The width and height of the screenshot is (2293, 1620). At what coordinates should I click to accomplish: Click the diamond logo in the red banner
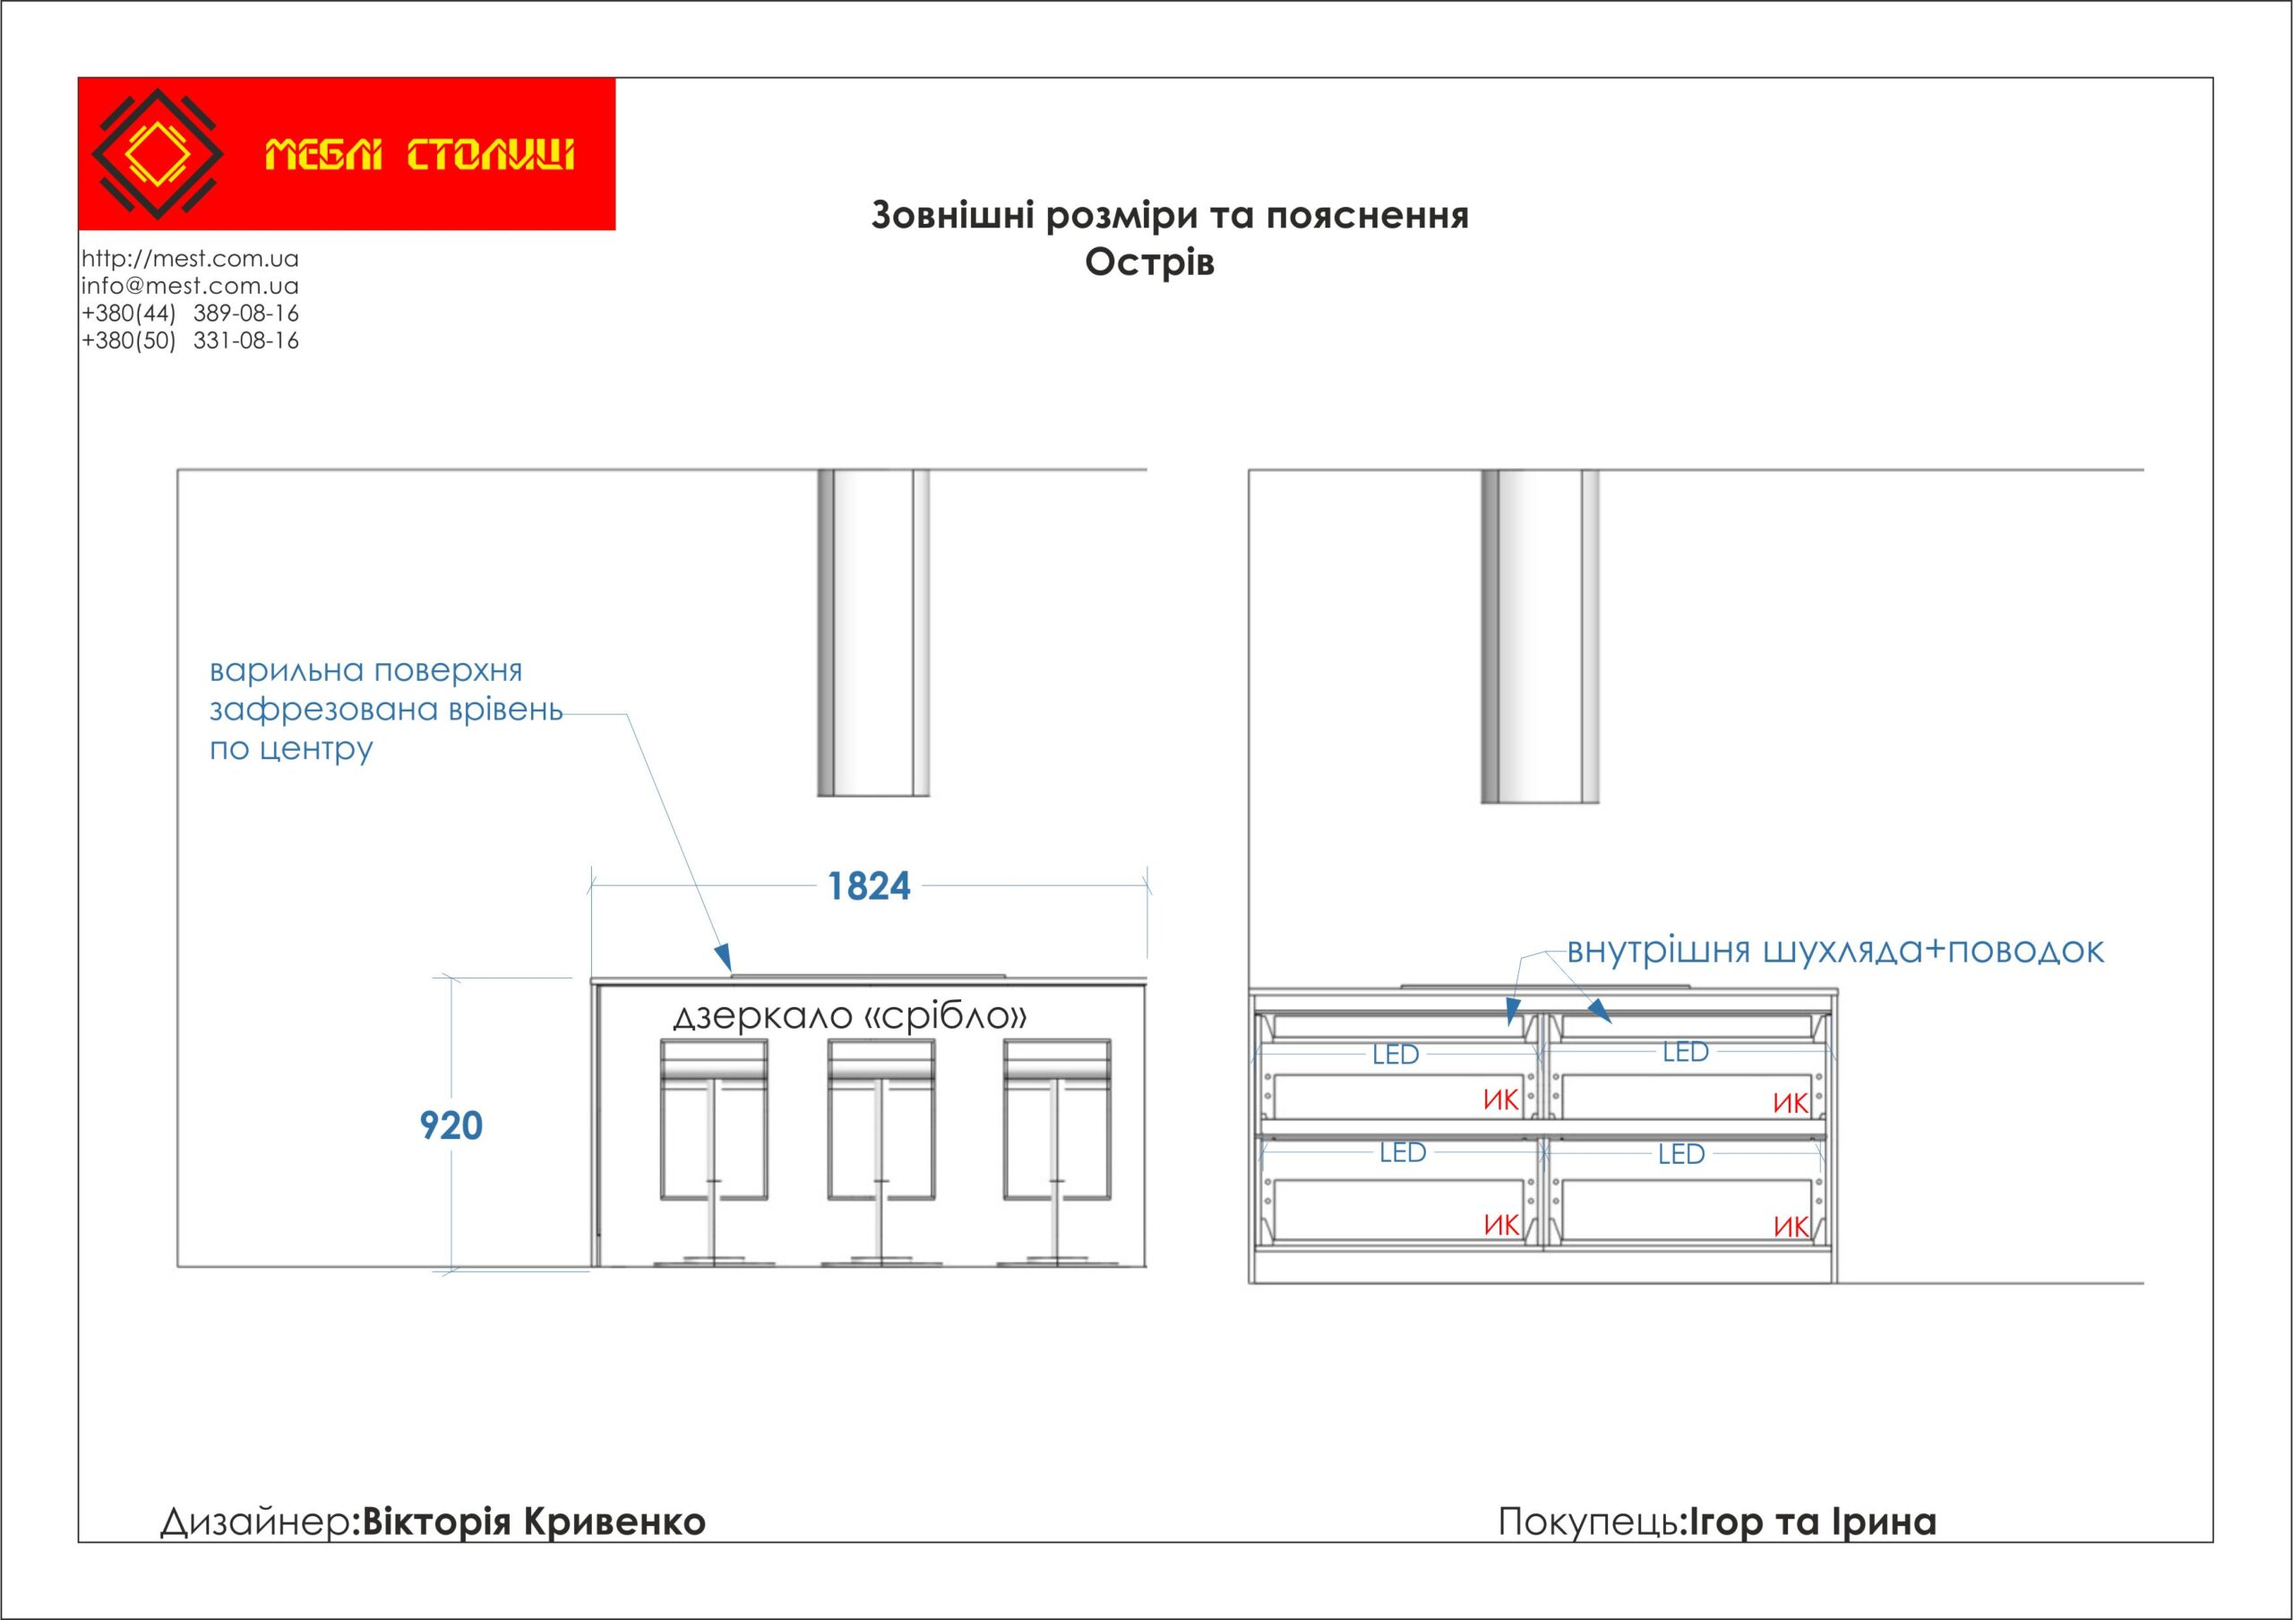(x=157, y=154)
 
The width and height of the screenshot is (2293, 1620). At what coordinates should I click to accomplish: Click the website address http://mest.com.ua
(x=190, y=259)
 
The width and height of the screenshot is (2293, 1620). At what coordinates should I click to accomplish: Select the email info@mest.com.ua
(x=190, y=286)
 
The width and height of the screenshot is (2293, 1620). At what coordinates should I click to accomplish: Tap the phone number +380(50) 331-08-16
(x=190, y=340)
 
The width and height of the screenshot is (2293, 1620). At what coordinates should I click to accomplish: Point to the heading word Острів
(x=1149, y=263)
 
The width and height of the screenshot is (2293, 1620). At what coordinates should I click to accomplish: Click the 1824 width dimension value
(x=869, y=887)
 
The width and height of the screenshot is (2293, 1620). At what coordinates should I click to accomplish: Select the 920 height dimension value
(x=451, y=1125)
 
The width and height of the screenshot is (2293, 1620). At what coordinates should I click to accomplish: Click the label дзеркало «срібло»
(x=850, y=1017)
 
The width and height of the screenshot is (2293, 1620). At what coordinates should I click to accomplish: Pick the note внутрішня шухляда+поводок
(x=1834, y=951)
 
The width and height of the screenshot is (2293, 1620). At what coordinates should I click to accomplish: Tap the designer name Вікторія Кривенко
(x=533, y=1522)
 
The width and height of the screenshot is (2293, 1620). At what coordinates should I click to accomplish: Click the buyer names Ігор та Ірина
(x=1812, y=1522)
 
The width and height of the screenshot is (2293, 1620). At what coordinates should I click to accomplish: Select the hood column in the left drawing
(x=874, y=633)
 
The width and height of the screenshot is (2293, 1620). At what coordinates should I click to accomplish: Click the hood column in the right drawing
(x=1540, y=636)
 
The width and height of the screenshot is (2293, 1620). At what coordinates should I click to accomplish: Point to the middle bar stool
(x=880, y=1149)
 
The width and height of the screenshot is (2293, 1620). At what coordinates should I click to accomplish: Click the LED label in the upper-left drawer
(x=1396, y=1055)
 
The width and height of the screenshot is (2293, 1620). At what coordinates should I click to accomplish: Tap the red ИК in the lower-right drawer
(x=1791, y=1227)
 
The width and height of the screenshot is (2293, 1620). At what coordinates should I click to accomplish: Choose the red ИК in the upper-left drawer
(x=1500, y=1100)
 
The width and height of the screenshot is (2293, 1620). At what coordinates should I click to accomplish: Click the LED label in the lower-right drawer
(x=1681, y=1155)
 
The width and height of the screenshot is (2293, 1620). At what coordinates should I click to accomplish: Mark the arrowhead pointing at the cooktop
(x=723, y=957)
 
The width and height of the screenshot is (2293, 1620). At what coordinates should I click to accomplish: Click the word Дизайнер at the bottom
(x=255, y=1522)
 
